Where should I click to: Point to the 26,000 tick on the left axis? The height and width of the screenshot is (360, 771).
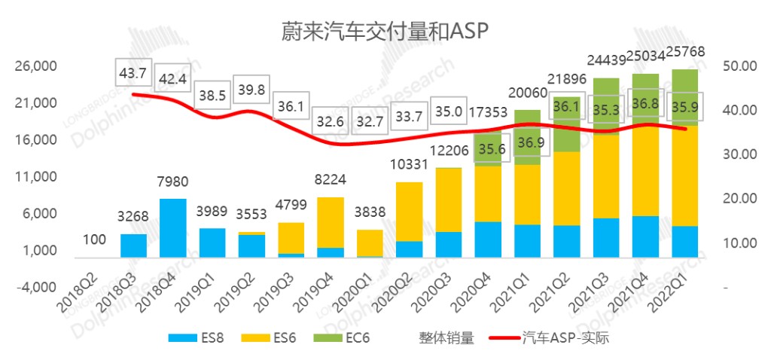[x=36, y=67]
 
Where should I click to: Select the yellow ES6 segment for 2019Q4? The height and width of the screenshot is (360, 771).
[x=330, y=222]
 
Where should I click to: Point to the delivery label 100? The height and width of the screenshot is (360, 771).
[x=94, y=240]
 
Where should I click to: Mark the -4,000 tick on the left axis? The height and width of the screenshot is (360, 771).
[x=36, y=288]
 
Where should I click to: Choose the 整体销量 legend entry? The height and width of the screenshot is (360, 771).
[x=446, y=338]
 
